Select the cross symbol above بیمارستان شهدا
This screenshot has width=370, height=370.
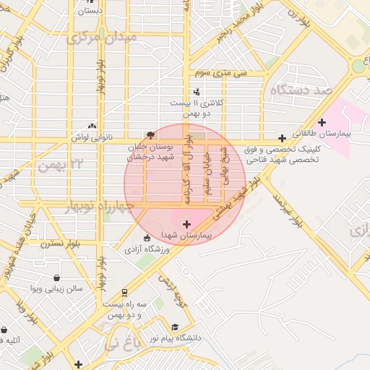pos(187,225)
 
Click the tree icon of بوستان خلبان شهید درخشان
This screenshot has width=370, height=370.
pos(150,135)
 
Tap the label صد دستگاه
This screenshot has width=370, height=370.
pos(301,90)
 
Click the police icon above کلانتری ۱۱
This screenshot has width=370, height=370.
pos(197,92)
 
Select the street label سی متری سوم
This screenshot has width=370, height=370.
pos(221,74)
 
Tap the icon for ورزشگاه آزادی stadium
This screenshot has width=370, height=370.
pos(147,238)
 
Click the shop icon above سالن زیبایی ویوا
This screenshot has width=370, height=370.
pos(57,277)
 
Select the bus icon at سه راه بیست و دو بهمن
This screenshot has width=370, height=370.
pos(126,293)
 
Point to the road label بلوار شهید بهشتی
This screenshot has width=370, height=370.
pos(238,201)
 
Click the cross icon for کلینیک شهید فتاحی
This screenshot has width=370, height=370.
pos(282,137)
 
